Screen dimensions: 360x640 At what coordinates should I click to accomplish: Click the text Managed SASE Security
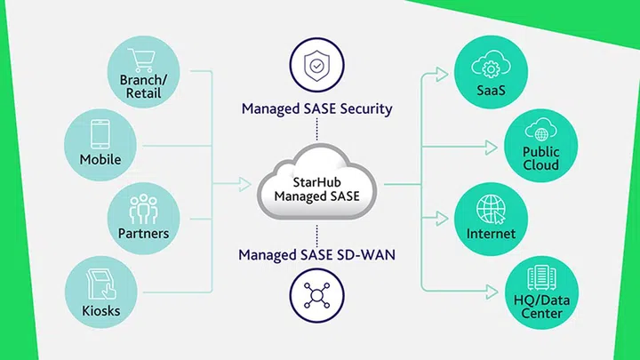[316, 109]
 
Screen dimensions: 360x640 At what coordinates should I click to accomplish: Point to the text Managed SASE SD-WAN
[316, 255]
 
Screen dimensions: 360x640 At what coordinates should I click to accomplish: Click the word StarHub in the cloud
[316, 180]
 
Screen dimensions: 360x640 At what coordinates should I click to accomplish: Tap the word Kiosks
[100, 311]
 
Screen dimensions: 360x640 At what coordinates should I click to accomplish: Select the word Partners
[143, 234]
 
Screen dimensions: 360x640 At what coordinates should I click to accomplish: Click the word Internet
[491, 234]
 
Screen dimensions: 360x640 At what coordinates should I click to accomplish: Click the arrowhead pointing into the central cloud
[245, 185]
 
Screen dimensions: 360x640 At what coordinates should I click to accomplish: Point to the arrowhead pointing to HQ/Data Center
[497, 290]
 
